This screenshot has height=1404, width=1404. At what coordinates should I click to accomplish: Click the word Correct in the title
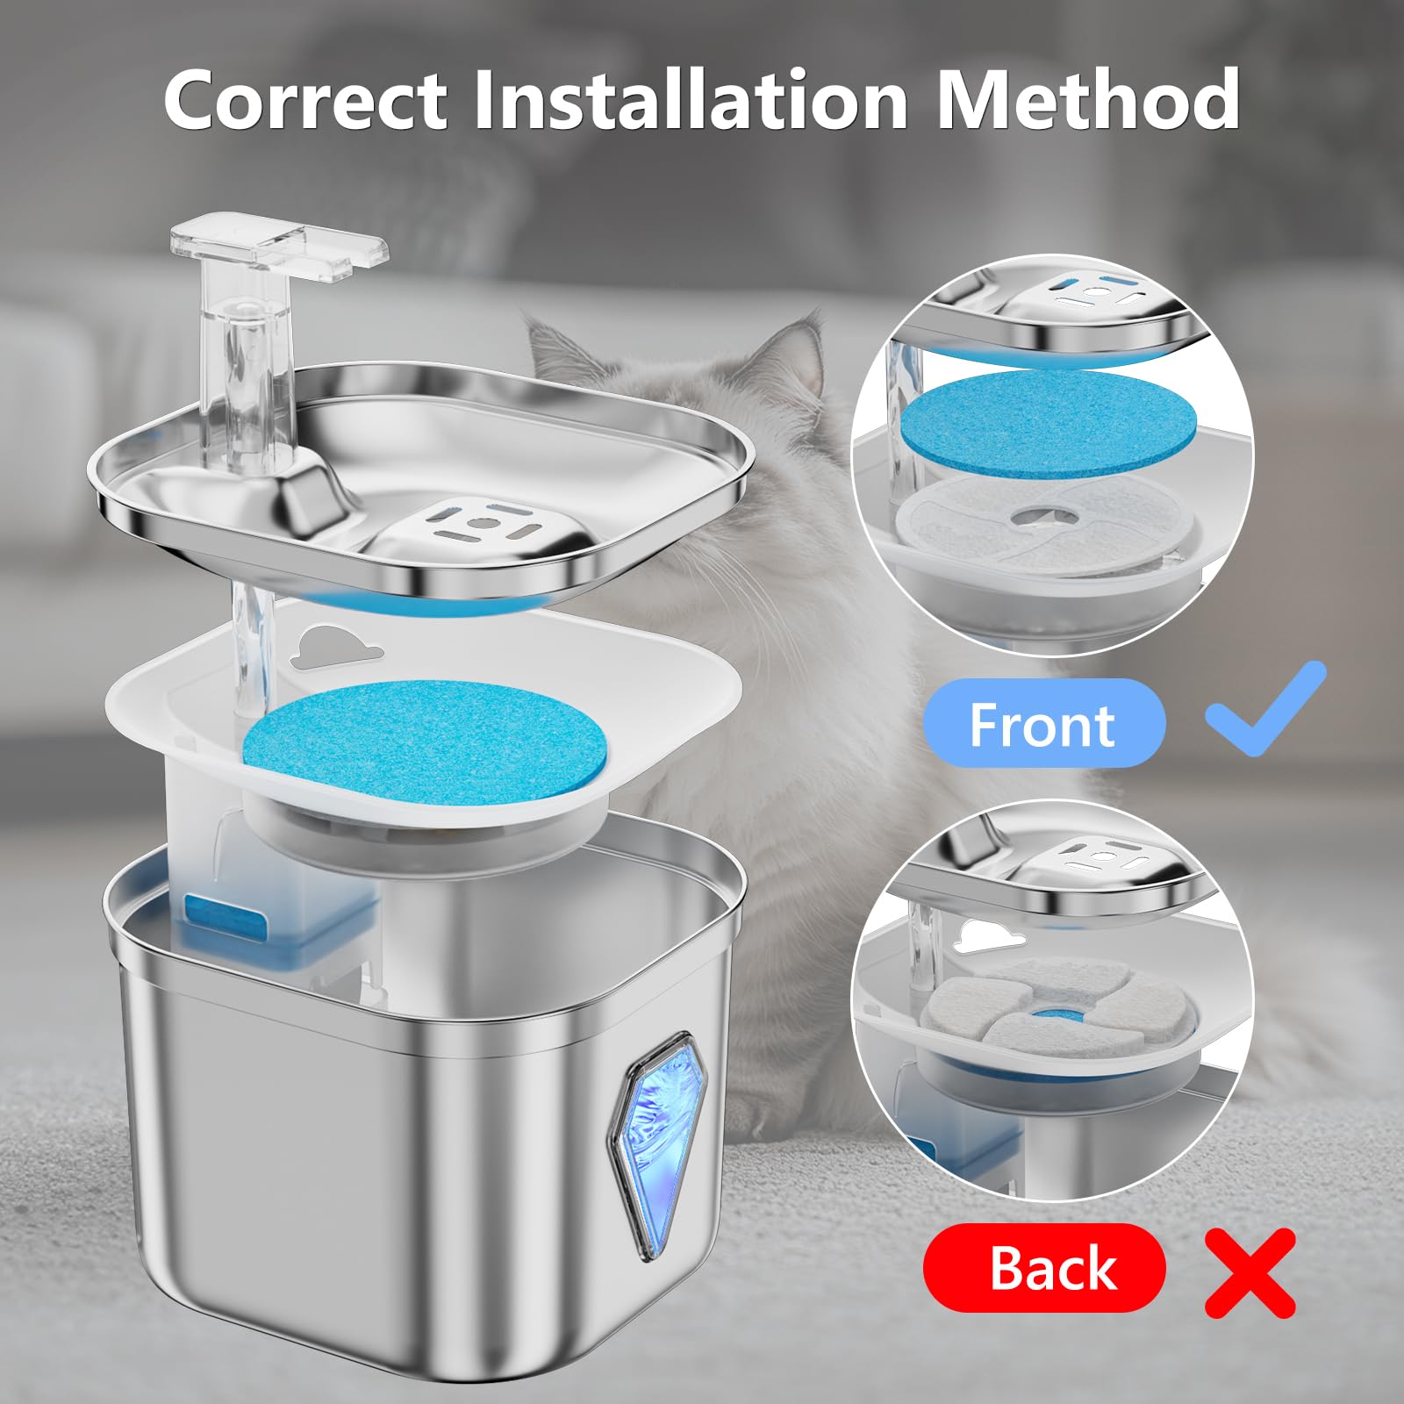(x=306, y=100)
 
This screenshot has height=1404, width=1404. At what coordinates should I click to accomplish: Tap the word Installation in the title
(x=691, y=100)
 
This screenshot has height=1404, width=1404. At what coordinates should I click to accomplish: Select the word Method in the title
(x=1088, y=100)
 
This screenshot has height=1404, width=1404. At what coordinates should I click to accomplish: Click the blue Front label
(x=1043, y=724)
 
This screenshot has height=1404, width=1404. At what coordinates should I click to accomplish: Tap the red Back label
(x=1044, y=1267)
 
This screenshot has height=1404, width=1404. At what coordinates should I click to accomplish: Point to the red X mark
(x=1250, y=1271)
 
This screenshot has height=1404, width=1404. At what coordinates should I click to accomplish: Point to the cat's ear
(x=562, y=347)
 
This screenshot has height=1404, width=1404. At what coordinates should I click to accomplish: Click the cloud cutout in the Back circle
(x=988, y=937)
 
